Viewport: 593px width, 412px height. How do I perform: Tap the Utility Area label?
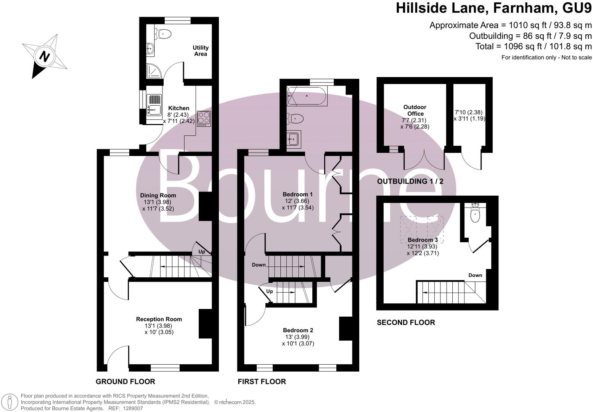(201, 51)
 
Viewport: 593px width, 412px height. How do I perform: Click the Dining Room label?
(158, 195)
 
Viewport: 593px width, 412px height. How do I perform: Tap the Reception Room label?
(159, 319)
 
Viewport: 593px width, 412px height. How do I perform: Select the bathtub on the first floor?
(307, 96)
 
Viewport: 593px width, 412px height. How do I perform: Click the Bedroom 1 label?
(298, 195)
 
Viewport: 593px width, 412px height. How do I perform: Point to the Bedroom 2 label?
(298, 330)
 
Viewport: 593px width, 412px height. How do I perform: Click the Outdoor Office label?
(415, 110)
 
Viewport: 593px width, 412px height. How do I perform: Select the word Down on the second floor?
(475, 275)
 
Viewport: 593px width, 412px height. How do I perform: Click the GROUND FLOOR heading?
(125, 381)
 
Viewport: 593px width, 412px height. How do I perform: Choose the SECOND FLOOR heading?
(406, 322)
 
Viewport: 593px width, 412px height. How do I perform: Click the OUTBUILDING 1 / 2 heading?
(410, 181)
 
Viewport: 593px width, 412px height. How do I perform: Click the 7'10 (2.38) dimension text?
(469, 112)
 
